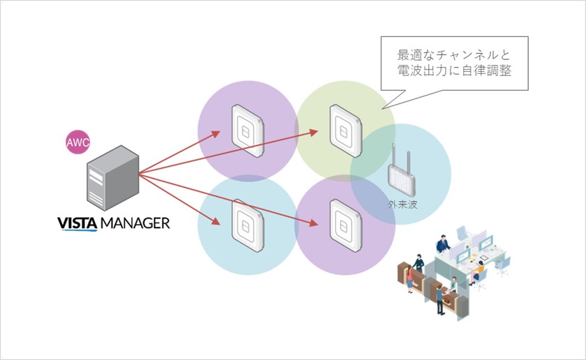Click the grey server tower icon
(x=112, y=179)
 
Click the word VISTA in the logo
(x=77, y=224)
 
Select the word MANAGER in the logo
(x=135, y=224)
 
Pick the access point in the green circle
(x=343, y=128)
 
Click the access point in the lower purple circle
(x=343, y=225)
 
